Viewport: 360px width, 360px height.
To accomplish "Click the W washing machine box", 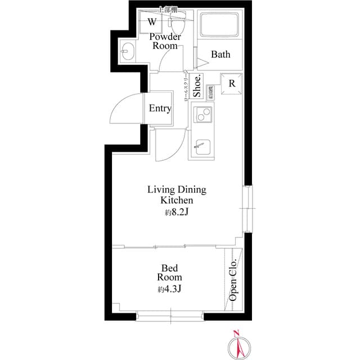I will (x=152, y=22).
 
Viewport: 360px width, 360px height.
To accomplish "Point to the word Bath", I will (x=220, y=55).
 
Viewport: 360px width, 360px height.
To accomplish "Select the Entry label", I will (x=160, y=109).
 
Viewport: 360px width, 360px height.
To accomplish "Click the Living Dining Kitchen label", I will (x=177, y=195).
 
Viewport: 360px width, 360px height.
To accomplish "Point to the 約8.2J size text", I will (x=177, y=213).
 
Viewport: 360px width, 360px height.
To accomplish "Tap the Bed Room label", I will (x=169, y=272).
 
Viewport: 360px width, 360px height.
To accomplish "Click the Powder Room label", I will (x=165, y=41).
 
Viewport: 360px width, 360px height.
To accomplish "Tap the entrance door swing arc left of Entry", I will (x=123, y=110).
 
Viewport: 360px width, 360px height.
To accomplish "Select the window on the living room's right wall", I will (x=248, y=208).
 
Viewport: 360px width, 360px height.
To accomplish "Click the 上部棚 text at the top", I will (x=167, y=10).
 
